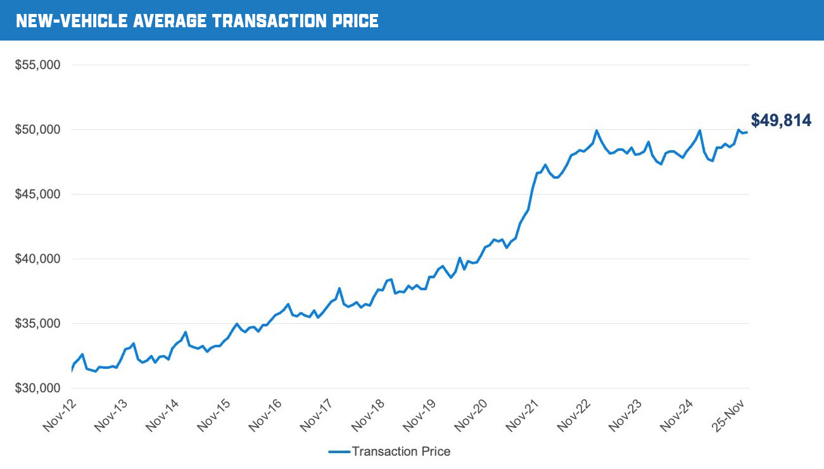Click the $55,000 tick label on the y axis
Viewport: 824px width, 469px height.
point(37,65)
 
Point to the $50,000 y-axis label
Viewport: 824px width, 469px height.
point(37,130)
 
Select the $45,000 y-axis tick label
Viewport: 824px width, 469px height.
point(37,195)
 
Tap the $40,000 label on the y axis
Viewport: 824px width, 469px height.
point(37,259)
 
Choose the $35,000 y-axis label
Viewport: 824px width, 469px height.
point(37,324)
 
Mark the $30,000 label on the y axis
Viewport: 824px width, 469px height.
point(37,389)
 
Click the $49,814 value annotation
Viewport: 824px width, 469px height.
point(781,120)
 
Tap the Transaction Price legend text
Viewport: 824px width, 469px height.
point(401,452)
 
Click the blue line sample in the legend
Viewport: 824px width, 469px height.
point(339,452)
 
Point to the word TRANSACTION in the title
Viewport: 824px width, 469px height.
point(269,21)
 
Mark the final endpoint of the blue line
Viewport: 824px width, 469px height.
point(747,132)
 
